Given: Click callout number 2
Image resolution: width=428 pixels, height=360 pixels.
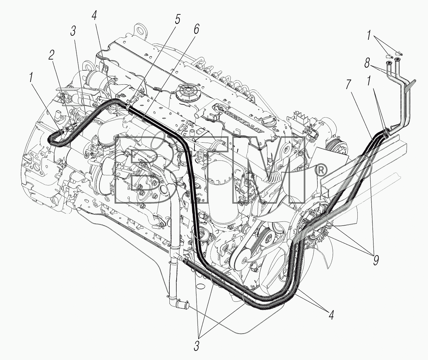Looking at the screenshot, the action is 51,55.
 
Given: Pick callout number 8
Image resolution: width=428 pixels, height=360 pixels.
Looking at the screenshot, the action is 367,63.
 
